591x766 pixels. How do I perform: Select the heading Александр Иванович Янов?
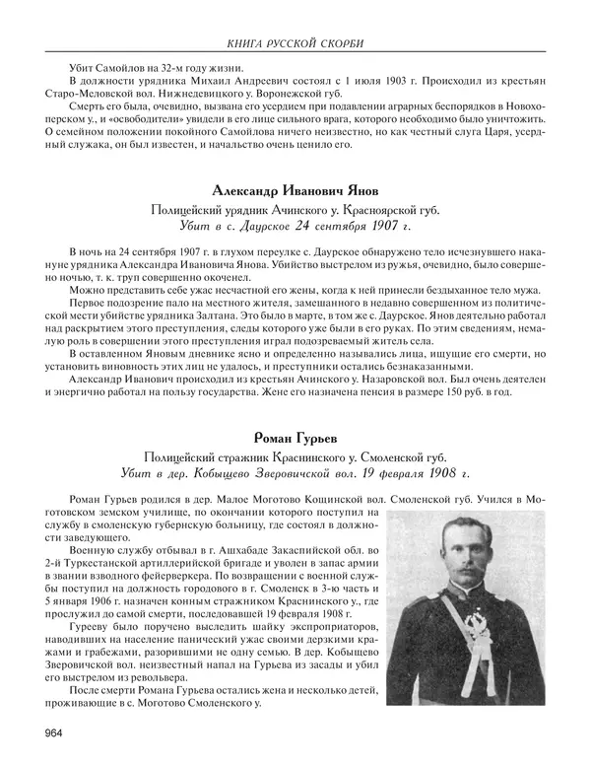pos(295,189)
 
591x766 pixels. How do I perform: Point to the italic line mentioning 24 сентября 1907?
pos(295,226)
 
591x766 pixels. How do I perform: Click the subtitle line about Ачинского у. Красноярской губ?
pos(295,209)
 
